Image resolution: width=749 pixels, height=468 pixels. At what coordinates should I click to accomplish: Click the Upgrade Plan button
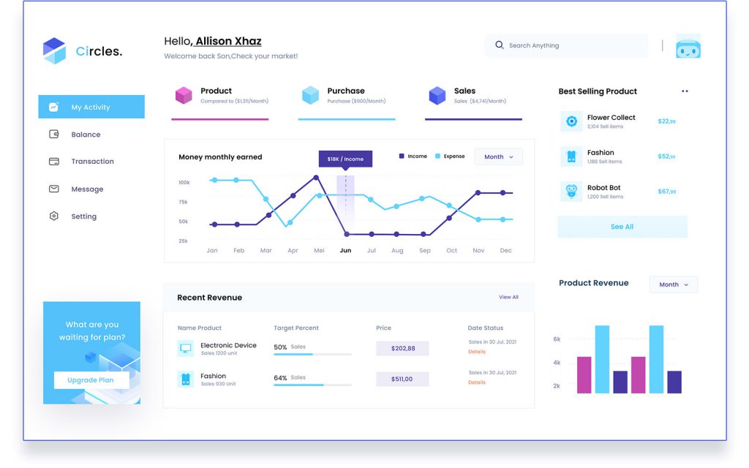[x=91, y=380]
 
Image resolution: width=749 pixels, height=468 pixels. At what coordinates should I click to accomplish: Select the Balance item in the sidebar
[x=86, y=135]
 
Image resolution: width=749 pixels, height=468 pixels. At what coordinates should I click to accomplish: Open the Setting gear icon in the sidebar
[x=53, y=216]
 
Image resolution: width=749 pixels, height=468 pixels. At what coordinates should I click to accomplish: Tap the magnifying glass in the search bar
[x=500, y=45]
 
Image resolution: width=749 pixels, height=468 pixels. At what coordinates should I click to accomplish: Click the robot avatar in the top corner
[x=688, y=47]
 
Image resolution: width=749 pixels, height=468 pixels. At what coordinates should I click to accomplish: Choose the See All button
[x=622, y=227]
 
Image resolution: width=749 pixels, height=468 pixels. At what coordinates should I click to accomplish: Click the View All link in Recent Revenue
[x=508, y=298]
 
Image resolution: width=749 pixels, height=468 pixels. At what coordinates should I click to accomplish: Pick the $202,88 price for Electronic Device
[x=402, y=348]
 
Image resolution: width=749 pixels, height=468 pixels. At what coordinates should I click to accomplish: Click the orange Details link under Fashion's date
[x=477, y=382]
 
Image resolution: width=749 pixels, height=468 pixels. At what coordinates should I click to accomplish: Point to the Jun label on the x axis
[x=345, y=251]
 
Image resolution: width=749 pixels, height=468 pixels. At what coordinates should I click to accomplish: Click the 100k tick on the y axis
[x=184, y=183]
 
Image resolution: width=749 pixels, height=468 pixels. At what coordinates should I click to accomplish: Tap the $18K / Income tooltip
[x=345, y=159]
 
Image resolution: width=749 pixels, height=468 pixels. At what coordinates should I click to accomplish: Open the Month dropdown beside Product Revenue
[x=674, y=284]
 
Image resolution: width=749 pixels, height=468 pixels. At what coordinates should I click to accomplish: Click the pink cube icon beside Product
[x=184, y=95]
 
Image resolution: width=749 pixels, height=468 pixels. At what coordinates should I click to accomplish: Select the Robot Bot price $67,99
[x=666, y=192]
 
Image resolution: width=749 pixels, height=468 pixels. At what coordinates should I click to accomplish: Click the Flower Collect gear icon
[x=571, y=121]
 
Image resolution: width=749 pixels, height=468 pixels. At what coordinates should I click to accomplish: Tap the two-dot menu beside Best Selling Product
[x=685, y=91]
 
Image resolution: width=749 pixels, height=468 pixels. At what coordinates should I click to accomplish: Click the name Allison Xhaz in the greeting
[x=228, y=42]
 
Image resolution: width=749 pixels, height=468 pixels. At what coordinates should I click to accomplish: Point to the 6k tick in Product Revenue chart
[x=557, y=339]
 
